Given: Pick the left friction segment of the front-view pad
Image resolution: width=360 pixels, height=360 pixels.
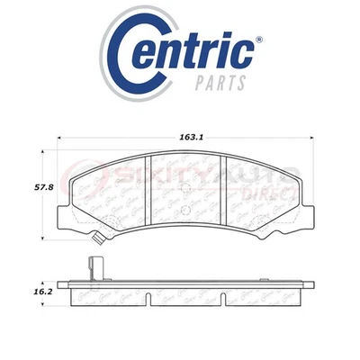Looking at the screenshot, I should coord(112,193).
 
